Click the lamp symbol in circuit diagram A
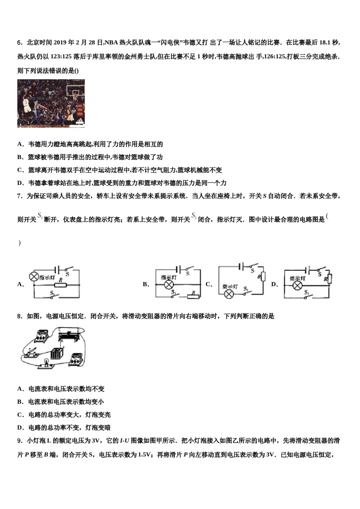coord(34,276)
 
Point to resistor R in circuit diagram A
coord(60,285)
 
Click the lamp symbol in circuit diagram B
coord(168,285)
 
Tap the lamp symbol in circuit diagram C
coord(229,294)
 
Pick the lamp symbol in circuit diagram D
coord(297,285)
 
